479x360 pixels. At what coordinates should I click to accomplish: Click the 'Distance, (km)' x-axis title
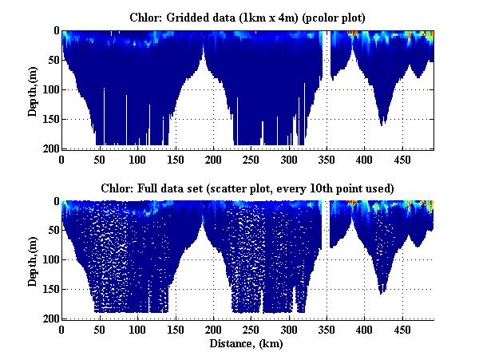[247, 343]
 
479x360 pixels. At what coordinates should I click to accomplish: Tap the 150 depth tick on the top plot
[49, 119]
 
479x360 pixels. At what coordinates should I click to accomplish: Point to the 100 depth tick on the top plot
[49, 89]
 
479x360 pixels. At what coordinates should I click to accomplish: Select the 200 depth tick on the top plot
[49, 148]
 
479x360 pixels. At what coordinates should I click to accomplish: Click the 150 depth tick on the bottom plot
[49, 289]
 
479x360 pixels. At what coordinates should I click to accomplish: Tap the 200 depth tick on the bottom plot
[49, 318]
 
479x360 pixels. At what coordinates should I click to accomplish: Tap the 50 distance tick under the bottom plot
[100, 329]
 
